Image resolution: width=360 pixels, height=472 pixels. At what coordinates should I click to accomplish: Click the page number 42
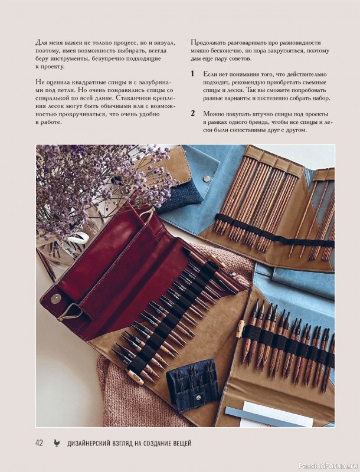click(39, 443)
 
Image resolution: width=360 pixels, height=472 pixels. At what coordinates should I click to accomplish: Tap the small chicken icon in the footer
click(57, 443)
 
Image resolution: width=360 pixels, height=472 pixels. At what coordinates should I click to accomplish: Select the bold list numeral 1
click(192, 74)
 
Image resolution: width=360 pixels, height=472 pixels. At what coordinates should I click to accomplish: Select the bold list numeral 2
click(192, 113)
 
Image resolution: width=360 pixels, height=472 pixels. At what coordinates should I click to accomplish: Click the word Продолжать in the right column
click(205, 42)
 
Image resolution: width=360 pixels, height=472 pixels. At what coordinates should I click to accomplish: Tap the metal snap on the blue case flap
click(206, 179)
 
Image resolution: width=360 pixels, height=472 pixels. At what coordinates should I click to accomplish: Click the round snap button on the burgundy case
click(55, 299)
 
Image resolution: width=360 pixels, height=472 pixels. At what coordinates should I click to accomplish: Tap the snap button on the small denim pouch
click(198, 398)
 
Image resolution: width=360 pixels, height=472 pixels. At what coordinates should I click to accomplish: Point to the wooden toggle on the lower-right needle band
click(240, 329)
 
